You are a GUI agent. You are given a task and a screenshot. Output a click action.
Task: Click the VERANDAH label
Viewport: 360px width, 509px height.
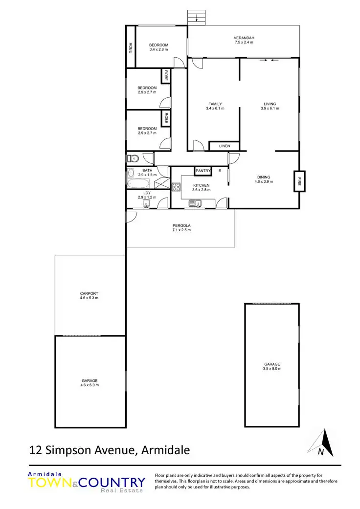pyautogui.click(x=244, y=38)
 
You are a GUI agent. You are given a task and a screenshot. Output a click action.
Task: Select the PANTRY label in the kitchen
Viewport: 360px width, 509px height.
pyautogui.click(x=202, y=171)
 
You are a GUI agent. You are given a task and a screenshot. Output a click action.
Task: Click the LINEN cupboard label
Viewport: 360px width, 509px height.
pyautogui.click(x=225, y=146)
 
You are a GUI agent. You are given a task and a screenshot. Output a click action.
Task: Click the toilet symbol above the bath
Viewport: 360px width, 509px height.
pyautogui.click(x=133, y=158)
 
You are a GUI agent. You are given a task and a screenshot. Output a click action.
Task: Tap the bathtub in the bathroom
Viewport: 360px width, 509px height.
pyautogui.click(x=139, y=184)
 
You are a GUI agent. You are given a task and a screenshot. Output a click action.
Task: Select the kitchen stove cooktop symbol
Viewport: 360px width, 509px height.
pyautogui.click(x=177, y=186)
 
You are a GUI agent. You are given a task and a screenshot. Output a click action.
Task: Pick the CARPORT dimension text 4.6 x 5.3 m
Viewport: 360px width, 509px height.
pyautogui.click(x=90, y=298)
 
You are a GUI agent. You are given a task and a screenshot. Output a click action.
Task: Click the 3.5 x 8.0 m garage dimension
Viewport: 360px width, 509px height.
pyautogui.click(x=272, y=368)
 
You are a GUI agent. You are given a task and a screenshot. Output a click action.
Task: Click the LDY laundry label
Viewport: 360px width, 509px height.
pyautogui.click(x=147, y=193)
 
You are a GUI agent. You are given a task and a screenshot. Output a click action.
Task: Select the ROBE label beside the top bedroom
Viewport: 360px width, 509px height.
pyautogui.click(x=131, y=47)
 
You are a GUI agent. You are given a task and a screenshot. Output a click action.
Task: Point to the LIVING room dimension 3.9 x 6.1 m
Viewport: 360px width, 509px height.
pyautogui.click(x=270, y=108)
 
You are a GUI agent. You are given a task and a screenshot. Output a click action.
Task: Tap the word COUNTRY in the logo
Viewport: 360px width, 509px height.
pyautogui.click(x=112, y=483)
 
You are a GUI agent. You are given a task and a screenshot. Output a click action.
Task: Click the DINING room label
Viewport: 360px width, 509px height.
pyautogui.click(x=264, y=177)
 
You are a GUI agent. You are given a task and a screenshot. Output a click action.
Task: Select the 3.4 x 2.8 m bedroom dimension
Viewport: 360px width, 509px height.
pyautogui.click(x=158, y=49)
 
